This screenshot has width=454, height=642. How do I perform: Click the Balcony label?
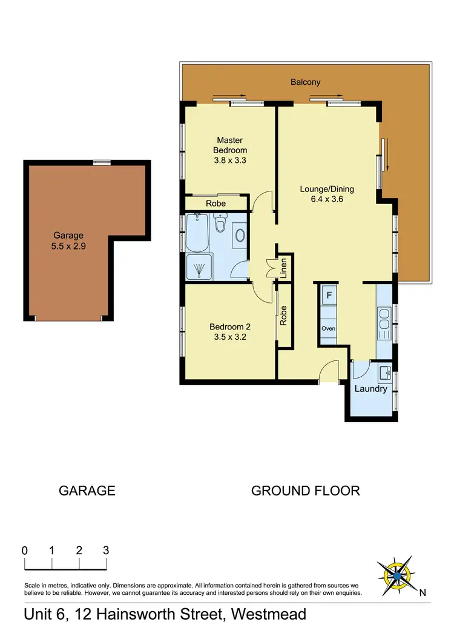(x=305, y=82)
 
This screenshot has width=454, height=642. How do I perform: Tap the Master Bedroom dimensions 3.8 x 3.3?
(x=230, y=160)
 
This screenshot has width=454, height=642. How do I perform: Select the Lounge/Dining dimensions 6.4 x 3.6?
(x=327, y=199)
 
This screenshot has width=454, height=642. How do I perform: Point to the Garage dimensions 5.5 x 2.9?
(x=68, y=246)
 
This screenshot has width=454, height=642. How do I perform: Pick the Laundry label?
(x=371, y=389)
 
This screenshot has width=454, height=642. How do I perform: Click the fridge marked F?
(x=329, y=296)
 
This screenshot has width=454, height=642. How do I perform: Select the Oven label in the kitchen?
(x=328, y=329)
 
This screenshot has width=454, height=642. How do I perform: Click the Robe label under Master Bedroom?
(x=216, y=204)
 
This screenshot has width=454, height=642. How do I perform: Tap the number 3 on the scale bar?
(x=106, y=551)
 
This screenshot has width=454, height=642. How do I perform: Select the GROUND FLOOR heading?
(x=306, y=491)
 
